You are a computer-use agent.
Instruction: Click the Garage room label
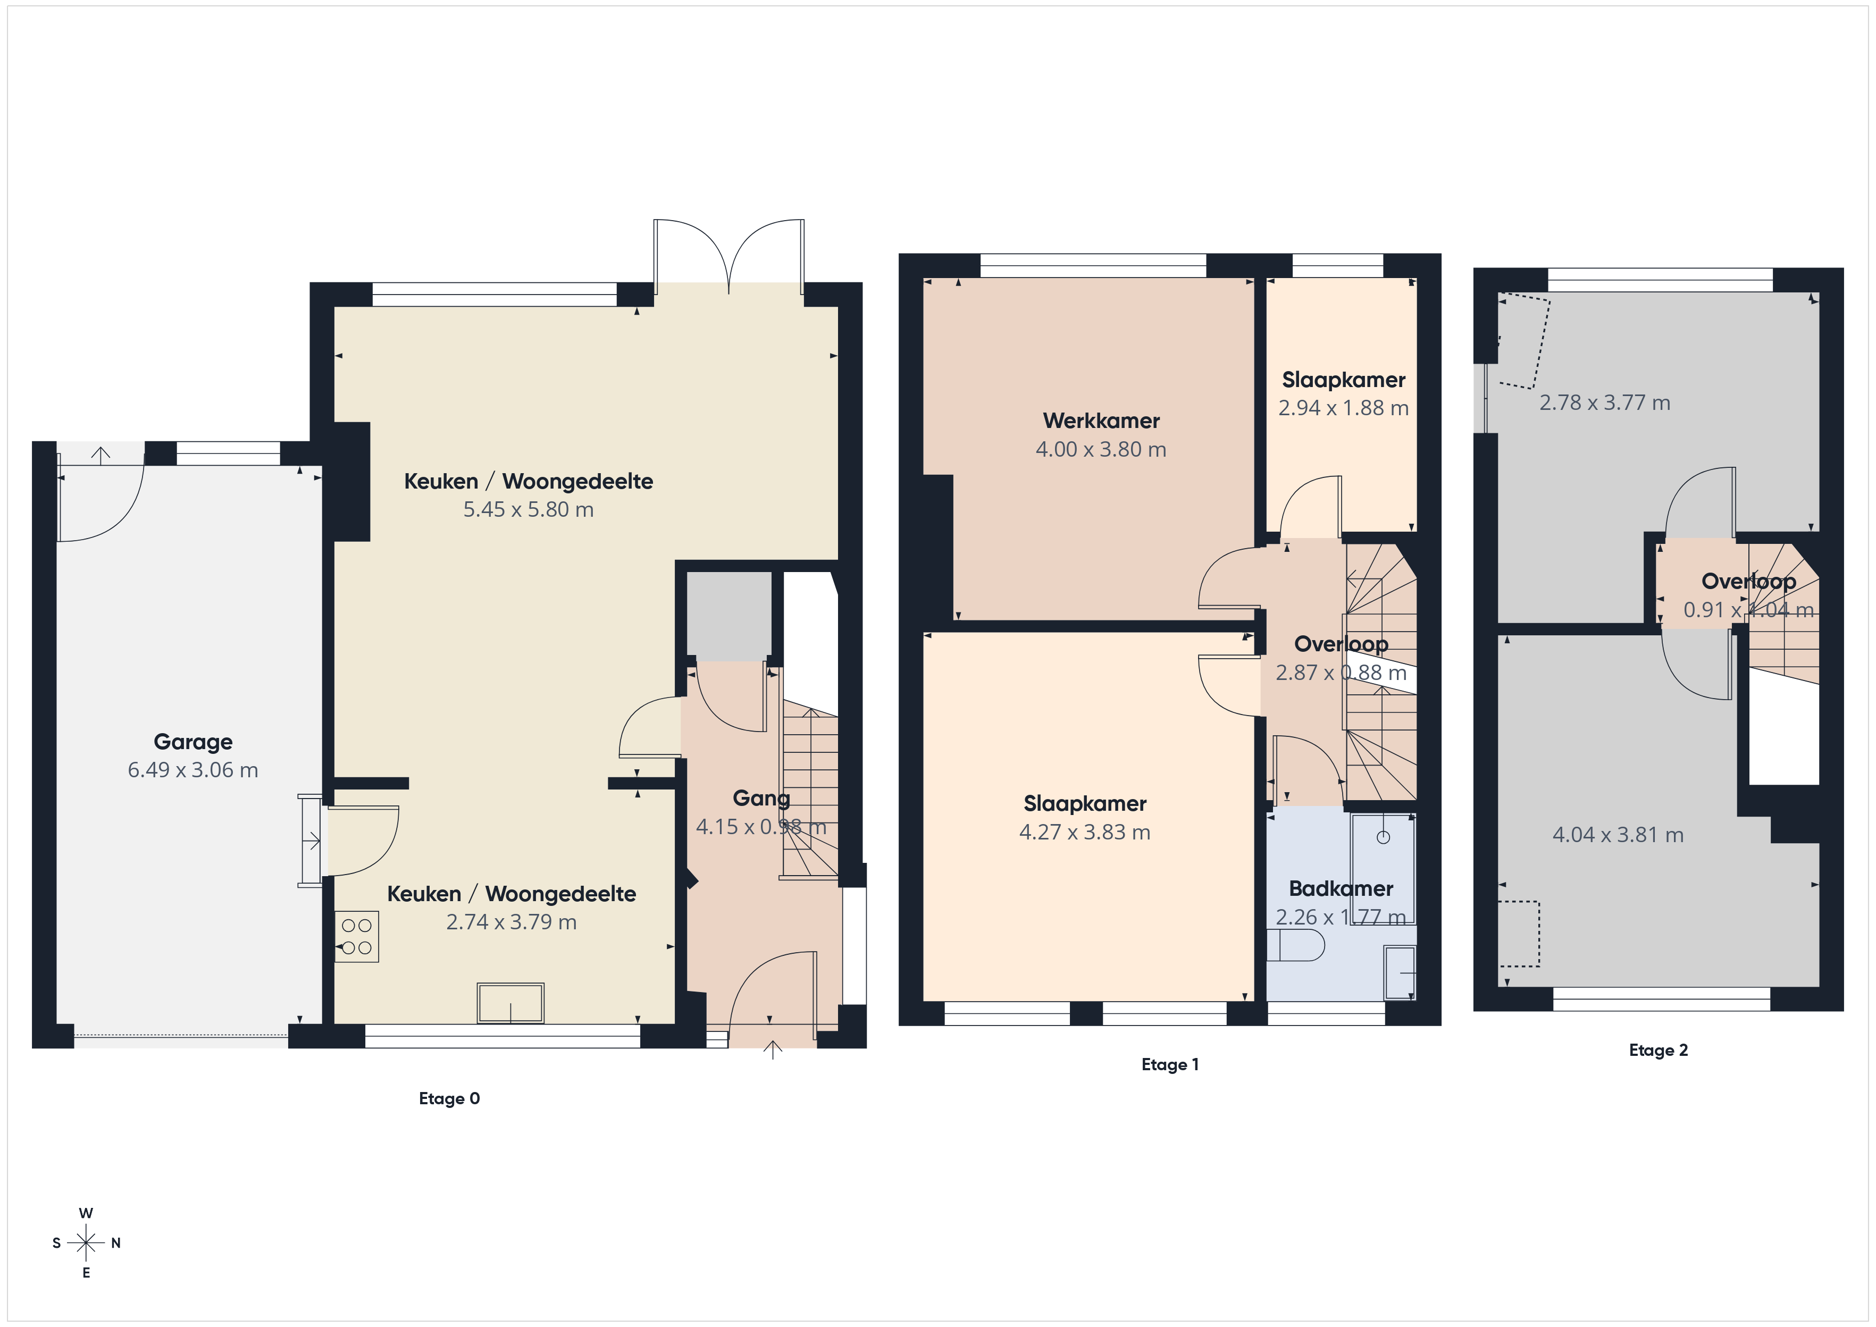193,742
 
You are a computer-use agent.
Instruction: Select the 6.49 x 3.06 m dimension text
193,770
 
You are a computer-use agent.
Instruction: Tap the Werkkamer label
1101,421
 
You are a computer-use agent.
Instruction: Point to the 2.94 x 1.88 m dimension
1343,408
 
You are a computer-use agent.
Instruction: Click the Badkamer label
1341,888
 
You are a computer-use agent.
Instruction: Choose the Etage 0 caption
449,1098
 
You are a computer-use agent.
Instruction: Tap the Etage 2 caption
1659,1050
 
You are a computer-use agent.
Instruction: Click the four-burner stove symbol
357,936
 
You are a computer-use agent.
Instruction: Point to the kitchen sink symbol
510,1003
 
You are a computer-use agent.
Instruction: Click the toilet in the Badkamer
1295,945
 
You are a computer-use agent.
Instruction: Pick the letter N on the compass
116,1243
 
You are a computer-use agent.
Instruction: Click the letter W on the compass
86,1213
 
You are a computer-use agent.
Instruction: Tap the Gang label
761,799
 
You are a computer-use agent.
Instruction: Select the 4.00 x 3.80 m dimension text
1101,449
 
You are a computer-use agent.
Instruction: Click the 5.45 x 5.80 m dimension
529,509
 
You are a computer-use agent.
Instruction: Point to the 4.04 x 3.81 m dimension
1618,835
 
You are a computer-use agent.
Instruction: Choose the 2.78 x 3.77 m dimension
1605,403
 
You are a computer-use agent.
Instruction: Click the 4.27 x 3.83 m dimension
1085,832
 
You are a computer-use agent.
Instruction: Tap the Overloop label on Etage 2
1748,582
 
